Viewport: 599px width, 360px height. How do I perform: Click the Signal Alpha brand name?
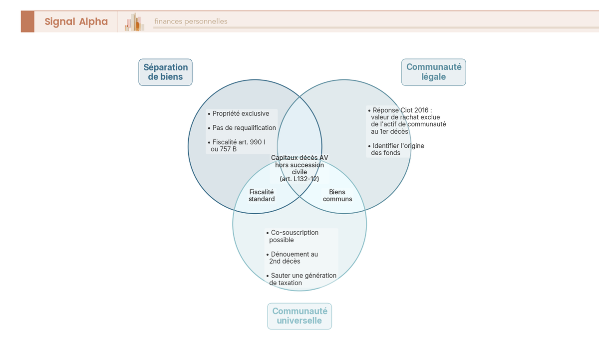(x=76, y=21)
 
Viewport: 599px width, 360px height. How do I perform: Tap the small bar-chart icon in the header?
(x=134, y=22)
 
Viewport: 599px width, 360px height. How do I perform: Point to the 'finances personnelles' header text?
(x=191, y=21)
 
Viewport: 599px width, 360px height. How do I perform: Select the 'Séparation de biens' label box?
(x=165, y=72)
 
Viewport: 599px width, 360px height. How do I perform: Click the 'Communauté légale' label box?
(x=433, y=72)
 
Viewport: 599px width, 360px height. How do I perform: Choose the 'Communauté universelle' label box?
(x=299, y=316)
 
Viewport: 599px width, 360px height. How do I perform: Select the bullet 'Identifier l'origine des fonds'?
(x=397, y=149)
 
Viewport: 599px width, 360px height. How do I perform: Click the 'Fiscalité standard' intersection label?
(x=262, y=195)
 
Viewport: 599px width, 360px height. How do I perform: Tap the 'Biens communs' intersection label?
(x=337, y=195)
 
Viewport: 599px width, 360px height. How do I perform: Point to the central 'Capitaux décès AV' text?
(x=299, y=158)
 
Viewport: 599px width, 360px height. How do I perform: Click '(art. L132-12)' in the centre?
(x=299, y=179)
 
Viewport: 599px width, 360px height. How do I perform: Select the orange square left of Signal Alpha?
(x=27, y=21)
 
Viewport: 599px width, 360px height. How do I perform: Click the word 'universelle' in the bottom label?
(x=299, y=321)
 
